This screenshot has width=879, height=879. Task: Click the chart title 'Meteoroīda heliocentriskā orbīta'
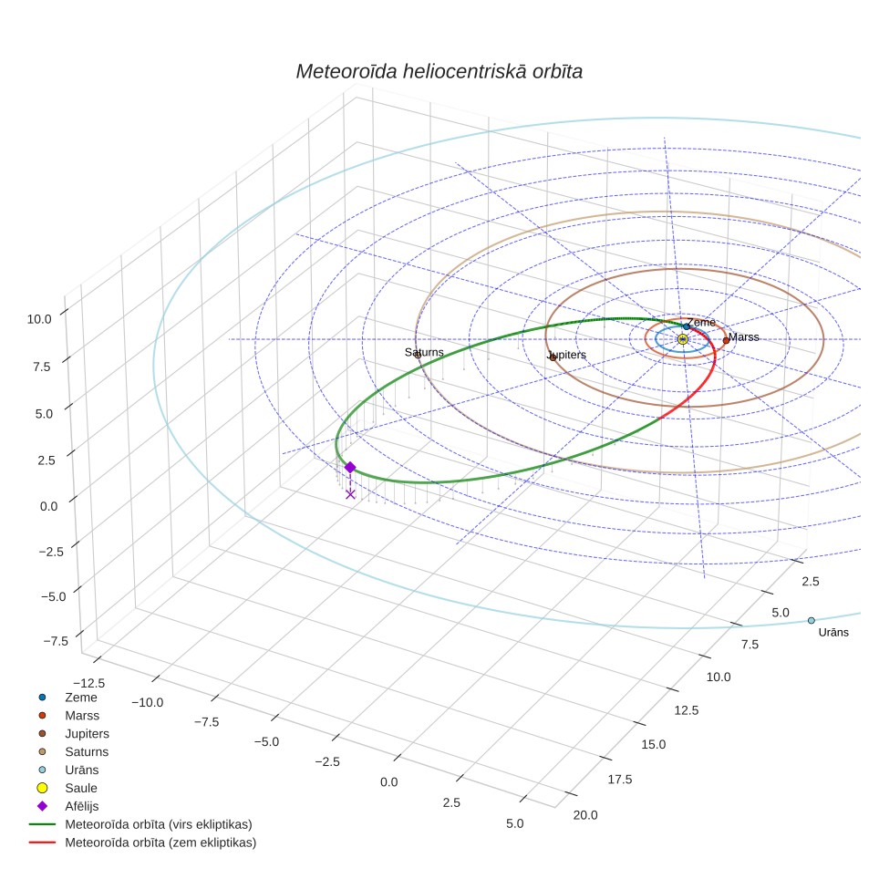(x=439, y=72)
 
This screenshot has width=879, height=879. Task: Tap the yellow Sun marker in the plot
(x=682, y=339)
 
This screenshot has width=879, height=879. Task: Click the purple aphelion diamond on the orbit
(x=350, y=468)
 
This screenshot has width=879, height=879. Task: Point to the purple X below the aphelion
(x=350, y=494)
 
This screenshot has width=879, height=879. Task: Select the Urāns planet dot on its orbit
(x=812, y=621)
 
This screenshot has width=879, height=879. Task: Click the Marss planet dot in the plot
(x=726, y=340)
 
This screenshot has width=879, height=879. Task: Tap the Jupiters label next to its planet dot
(x=567, y=355)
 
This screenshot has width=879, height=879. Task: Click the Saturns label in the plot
(x=424, y=352)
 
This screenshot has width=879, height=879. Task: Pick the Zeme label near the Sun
(x=701, y=323)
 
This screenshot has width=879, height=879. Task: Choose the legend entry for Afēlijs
(x=82, y=806)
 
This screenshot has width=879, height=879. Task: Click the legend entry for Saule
(x=81, y=788)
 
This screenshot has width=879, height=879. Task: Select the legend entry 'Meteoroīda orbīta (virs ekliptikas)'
(x=159, y=824)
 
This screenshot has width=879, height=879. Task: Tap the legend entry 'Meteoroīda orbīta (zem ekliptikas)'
(x=160, y=843)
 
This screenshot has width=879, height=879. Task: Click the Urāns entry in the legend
(x=82, y=770)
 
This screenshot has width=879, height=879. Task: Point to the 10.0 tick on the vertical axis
(x=39, y=319)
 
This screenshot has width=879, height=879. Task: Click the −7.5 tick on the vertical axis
(x=56, y=641)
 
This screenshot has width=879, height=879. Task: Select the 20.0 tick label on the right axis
(x=585, y=815)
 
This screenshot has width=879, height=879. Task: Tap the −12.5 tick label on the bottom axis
(x=89, y=683)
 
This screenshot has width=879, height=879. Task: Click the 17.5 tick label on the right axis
(x=620, y=780)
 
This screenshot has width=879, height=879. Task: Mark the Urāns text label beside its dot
(x=833, y=632)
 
